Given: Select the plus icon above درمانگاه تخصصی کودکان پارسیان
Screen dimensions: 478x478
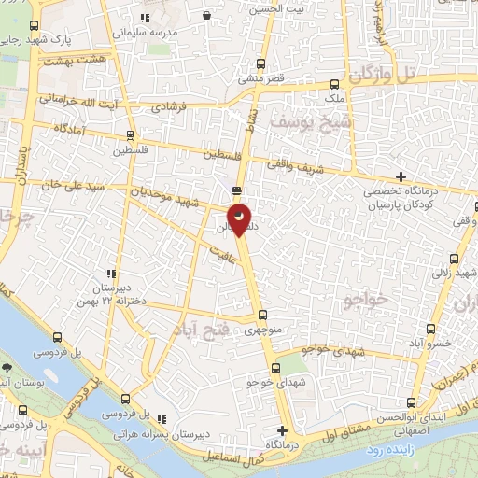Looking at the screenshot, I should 401,176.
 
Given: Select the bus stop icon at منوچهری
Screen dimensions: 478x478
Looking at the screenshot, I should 261,315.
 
